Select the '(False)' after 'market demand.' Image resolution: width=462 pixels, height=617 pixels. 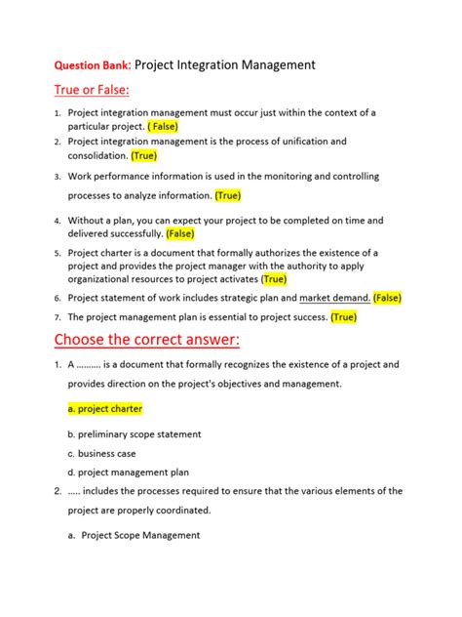[387, 298]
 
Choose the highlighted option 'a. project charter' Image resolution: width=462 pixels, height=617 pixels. [104, 409]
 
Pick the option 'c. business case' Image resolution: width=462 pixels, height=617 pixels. [100, 454]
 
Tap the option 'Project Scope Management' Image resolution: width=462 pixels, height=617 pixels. [140, 535]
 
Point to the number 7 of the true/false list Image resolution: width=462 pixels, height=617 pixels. [58, 317]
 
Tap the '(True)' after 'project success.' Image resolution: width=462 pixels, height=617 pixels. [344, 317]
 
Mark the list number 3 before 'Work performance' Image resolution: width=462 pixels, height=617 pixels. [58, 177]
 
